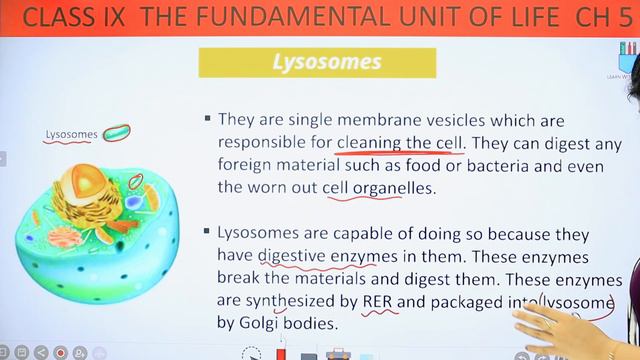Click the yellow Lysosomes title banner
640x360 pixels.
327,62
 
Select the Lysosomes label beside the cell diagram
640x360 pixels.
72,134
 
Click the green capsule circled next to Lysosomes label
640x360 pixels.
117,132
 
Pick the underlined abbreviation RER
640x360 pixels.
379,301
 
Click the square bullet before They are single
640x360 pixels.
207,118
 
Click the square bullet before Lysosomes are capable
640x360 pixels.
207,233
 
